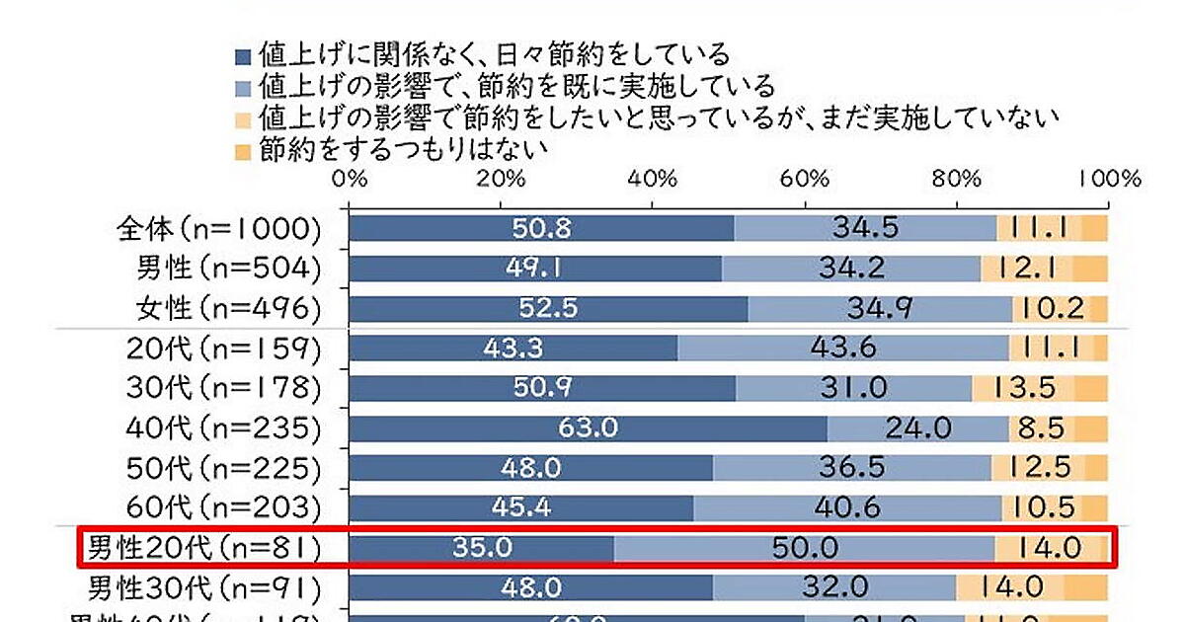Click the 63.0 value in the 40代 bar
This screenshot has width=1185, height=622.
[587, 428]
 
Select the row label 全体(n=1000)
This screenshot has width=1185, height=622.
[217, 228]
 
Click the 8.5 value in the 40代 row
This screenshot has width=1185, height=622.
[1042, 428]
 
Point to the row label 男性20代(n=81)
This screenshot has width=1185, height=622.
[203, 547]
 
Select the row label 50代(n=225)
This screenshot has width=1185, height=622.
[224, 467]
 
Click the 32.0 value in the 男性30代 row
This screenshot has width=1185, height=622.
[837, 586]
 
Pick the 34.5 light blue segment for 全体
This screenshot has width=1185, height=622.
[866, 228]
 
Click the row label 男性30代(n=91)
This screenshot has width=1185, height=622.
[205, 587]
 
